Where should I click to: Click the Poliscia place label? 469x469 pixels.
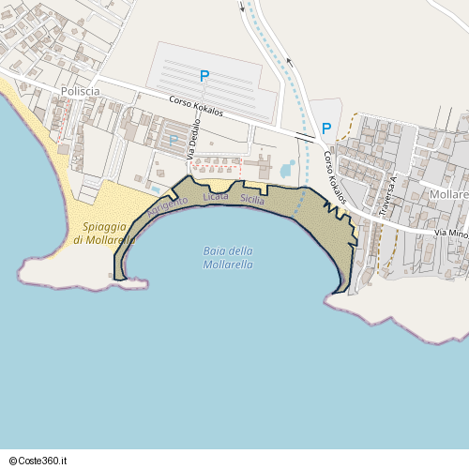click(81, 90)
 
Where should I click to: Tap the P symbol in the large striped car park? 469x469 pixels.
click(204, 75)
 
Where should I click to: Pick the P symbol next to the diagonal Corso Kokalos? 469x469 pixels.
click(326, 129)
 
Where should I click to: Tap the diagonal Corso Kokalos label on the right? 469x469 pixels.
click(335, 177)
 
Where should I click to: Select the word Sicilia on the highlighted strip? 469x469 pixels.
click(252, 200)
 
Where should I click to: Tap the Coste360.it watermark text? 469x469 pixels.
click(45, 461)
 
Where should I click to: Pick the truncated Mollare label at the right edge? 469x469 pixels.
click(448, 194)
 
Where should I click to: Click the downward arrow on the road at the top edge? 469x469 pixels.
click(242, 7)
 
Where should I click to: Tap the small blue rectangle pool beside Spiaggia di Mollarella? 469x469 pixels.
click(154, 188)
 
